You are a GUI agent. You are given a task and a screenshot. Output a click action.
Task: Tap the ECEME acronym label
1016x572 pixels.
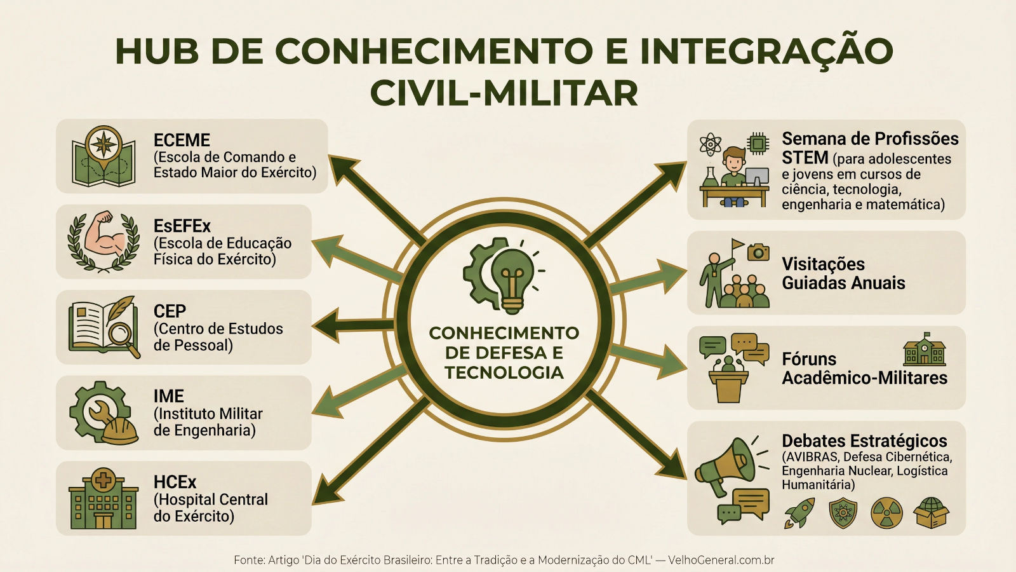[x=182, y=140]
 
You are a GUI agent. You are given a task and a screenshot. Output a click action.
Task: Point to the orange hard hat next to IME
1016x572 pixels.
[x=120, y=430]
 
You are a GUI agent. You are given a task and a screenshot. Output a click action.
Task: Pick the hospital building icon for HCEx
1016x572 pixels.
[x=103, y=500]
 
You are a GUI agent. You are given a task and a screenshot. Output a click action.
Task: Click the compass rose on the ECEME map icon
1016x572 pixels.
[x=104, y=142]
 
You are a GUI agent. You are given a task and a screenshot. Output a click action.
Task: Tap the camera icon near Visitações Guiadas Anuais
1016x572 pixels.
[x=758, y=252]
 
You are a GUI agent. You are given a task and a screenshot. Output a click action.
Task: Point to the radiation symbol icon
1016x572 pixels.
[x=886, y=513]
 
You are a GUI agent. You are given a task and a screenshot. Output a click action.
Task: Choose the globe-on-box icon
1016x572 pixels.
[x=931, y=513]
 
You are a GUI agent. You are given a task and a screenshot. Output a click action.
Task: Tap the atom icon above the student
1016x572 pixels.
[x=710, y=144]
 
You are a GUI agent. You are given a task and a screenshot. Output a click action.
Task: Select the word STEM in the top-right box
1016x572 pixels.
[x=805, y=158]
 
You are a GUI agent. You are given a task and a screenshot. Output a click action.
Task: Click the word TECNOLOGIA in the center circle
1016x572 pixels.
[x=504, y=372]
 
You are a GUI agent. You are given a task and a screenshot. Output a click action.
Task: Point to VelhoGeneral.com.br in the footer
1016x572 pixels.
[x=721, y=560]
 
